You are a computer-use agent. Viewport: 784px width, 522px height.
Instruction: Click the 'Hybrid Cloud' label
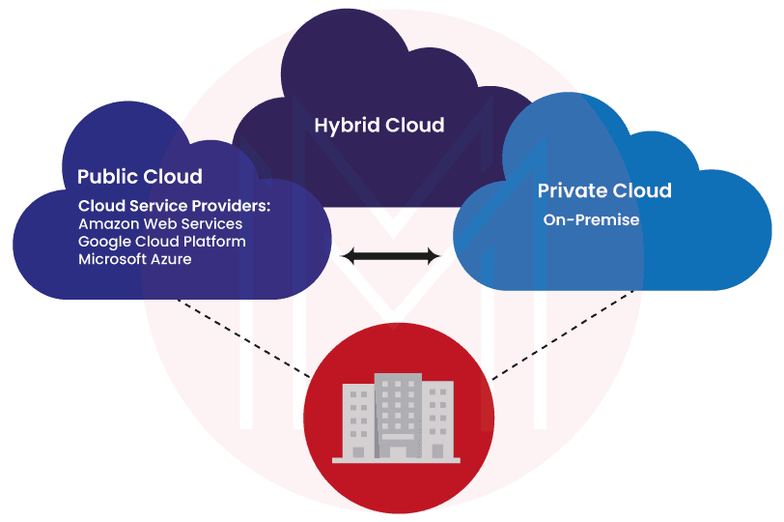(379, 126)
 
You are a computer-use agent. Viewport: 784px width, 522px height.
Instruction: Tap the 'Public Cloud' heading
(140, 177)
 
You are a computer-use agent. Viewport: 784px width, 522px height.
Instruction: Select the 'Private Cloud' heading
(604, 190)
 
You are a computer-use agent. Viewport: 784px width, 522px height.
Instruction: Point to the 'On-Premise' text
(591, 220)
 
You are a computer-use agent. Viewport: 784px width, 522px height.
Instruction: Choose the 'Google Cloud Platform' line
(162, 241)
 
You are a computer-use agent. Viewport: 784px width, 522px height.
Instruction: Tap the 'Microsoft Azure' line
(134, 259)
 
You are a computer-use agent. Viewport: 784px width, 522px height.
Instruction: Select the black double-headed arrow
(391, 256)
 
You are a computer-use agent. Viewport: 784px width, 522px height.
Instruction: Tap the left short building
(357, 420)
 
